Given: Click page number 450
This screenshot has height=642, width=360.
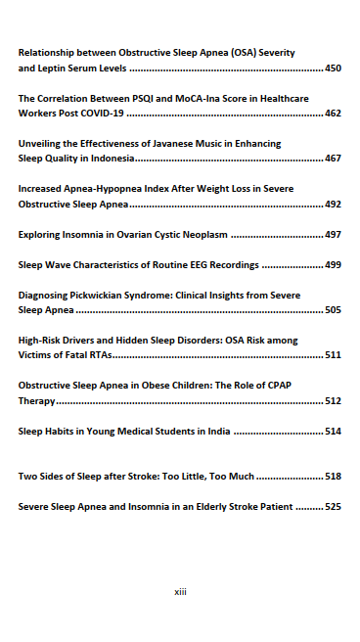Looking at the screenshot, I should pyautogui.click(x=333, y=69).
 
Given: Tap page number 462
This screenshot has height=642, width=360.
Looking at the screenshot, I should pyautogui.click(x=333, y=114).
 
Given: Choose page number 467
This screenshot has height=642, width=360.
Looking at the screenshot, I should pyautogui.click(x=333, y=158).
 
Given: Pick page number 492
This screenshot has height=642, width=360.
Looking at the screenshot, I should pyautogui.click(x=333, y=206).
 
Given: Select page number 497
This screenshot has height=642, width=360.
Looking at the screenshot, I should pyautogui.click(x=333, y=235).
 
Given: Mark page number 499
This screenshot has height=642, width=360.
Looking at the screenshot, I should pyautogui.click(x=333, y=264).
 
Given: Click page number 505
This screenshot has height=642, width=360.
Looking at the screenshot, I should pyautogui.click(x=333, y=309).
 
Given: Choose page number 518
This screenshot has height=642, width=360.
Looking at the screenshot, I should pyautogui.click(x=333, y=476).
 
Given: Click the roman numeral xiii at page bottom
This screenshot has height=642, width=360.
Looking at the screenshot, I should pyautogui.click(x=180, y=592).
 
